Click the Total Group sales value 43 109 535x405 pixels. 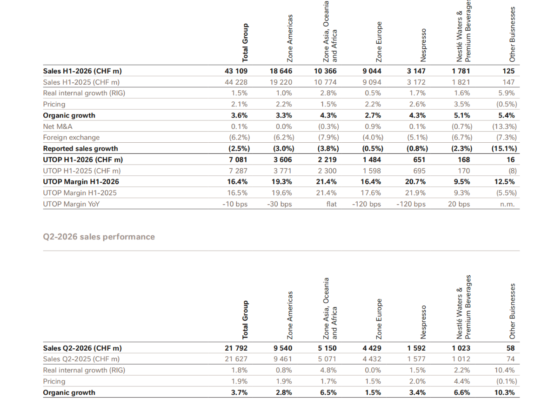pyautogui.click(x=236, y=71)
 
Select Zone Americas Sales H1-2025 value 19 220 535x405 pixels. pyautogui.click(x=281, y=82)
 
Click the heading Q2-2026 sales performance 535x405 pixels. pyautogui.click(x=99, y=237)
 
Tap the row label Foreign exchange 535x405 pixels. pyautogui.click(x=71, y=137)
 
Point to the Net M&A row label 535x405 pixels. pyautogui.click(x=58, y=126)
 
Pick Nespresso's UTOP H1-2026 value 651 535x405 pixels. pyautogui.click(x=419, y=159)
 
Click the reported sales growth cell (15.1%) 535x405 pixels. pyautogui.click(x=504, y=149)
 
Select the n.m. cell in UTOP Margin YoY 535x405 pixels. pyautogui.click(x=508, y=204)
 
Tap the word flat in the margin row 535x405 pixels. pyautogui.click(x=331, y=204)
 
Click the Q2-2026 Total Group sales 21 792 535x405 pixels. pyautogui.click(x=236, y=348)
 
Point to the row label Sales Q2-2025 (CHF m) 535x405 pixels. pyautogui.click(x=81, y=359)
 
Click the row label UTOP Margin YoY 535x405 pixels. pyautogui.click(x=71, y=204)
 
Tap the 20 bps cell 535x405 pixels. pyautogui.click(x=459, y=204)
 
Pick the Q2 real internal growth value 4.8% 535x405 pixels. pyautogui.click(x=328, y=370)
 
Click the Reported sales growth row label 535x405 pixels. pyautogui.click(x=80, y=149)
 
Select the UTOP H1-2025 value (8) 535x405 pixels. pyautogui.click(x=513, y=171)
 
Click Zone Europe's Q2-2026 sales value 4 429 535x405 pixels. pyautogui.click(x=372, y=348)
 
